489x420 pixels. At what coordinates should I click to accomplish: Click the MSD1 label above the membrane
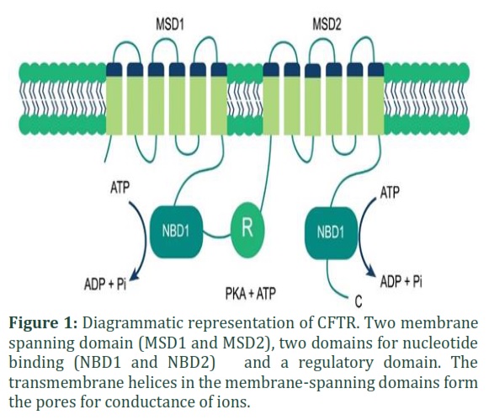(170, 24)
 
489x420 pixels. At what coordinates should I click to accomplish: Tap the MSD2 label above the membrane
(327, 24)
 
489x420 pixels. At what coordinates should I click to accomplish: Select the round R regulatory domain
(247, 230)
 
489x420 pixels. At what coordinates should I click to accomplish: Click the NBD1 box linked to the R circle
(177, 231)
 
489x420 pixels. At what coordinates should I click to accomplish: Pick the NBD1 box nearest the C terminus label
(332, 232)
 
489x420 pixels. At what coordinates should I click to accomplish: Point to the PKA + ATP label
(251, 294)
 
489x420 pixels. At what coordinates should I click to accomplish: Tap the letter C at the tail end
(359, 301)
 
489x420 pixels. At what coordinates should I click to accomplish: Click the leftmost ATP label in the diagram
(120, 188)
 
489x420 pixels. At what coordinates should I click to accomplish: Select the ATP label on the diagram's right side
(390, 192)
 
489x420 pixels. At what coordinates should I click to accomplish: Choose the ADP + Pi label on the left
(105, 284)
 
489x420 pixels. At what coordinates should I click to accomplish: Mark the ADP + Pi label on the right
(401, 282)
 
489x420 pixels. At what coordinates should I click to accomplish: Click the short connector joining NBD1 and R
(217, 236)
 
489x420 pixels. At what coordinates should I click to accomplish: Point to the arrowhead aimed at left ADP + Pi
(135, 274)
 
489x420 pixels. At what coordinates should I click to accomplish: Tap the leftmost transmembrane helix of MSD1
(114, 98)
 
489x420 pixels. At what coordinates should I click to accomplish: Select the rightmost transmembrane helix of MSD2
(375, 98)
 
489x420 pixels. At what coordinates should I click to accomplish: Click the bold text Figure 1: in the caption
(43, 323)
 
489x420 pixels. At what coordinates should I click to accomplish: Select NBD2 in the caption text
(192, 363)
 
